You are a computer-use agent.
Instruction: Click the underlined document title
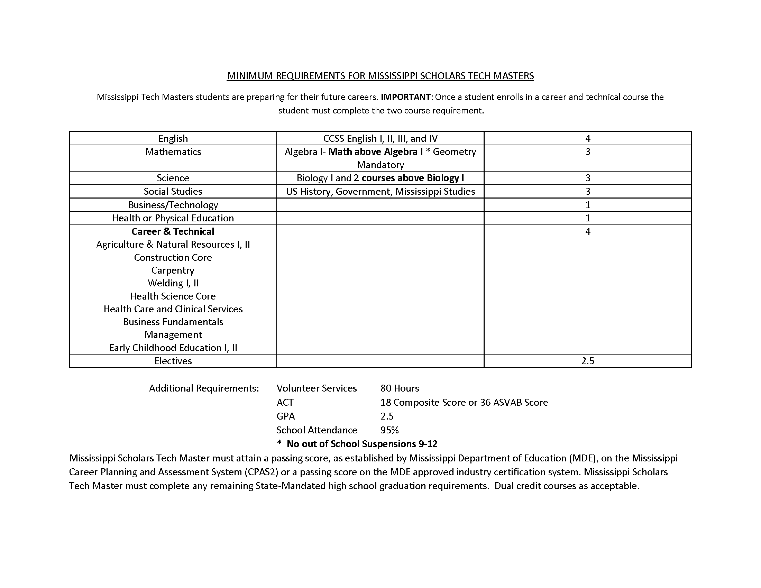pyautogui.click(x=380, y=76)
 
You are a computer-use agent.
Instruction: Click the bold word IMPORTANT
pyautogui.click(x=405, y=97)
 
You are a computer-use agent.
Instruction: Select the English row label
pyautogui.click(x=173, y=139)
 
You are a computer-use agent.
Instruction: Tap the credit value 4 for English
pyautogui.click(x=587, y=139)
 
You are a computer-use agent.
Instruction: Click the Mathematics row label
pyautogui.click(x=173, y=152)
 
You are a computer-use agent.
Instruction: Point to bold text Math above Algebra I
pyautogui.click(x=375, y=152)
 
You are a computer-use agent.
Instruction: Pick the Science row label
pyautogui.click(x=173, y=178)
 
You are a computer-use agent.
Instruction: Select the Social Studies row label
pyautogui.click(x=173, y=192)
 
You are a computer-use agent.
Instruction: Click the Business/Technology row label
pyautogui.click(x=173, y=205)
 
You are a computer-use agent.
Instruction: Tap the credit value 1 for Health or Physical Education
pyautogui.click(x=587, y=218)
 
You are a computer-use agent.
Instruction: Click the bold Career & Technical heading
pyautogui.click(x=173, y=232)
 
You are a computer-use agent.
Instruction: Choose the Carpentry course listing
pyautogui.click(x=173, y=270)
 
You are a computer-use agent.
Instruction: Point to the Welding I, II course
pyautogui.click(x=173, y=283)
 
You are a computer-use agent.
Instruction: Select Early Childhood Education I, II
pyautogui.click(x=173, y=348)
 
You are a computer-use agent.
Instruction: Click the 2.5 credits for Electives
pyautogui.click(x=587, y=361)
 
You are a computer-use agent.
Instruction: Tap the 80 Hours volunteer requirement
pyautogui.click(x=400, y=388)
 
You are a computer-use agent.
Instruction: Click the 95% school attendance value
pyautogui.click(x=389, y=430)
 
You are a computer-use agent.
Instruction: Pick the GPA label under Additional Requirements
pyautogui.click(x=286, y=416)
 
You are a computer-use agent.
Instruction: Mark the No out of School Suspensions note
pyautogui.click(x=362, y=444)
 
